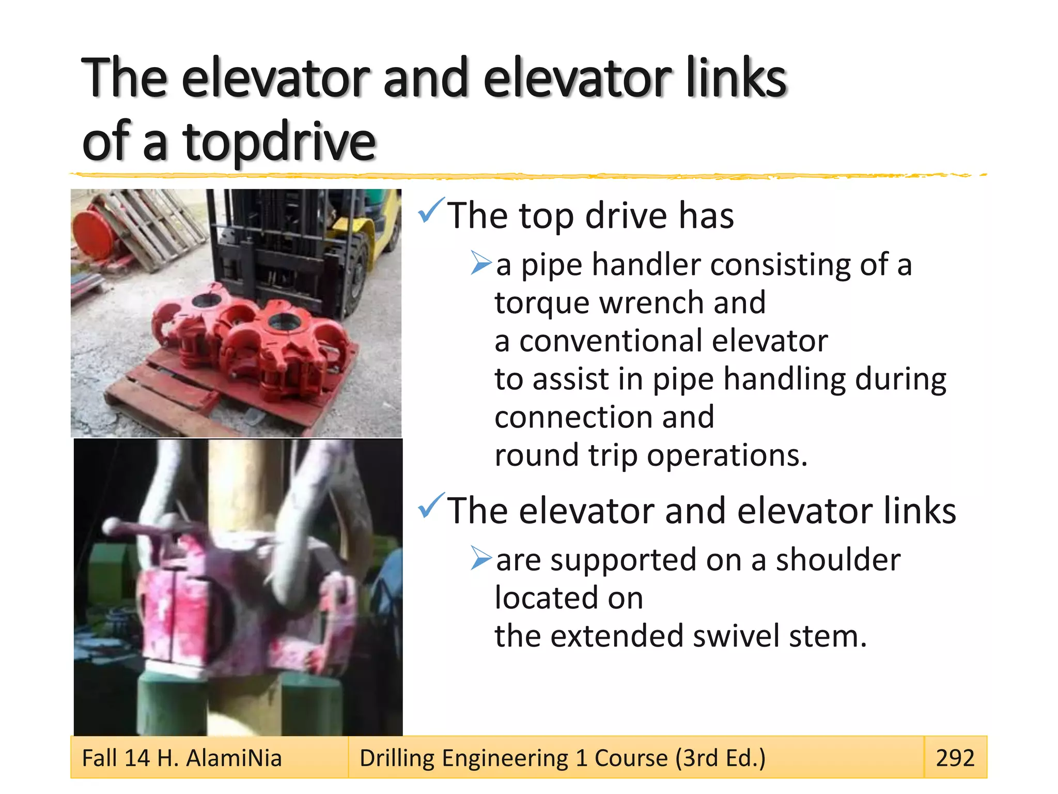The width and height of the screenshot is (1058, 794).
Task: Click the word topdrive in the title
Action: point(279,142)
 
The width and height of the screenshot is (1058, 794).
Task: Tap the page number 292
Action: point(955,758)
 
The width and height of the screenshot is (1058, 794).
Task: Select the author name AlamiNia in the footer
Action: point(234,758)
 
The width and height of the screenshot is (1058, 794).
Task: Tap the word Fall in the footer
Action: point(99,758)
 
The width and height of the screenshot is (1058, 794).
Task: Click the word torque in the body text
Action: point(541,304)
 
